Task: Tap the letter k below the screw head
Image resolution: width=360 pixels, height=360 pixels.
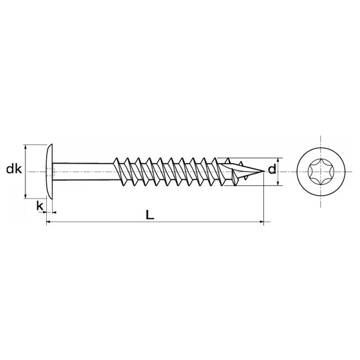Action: tap(40, 206)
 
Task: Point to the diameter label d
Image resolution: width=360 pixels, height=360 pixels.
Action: tap(272, 170)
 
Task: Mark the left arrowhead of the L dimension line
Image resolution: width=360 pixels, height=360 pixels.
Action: tap(48, 222)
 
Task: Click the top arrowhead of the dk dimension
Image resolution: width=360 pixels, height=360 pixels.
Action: tap(25, 146)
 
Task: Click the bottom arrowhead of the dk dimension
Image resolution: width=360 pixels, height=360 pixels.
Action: tap(25, 196)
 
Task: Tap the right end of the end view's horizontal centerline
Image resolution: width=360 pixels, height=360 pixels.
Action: tap(354, 171)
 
